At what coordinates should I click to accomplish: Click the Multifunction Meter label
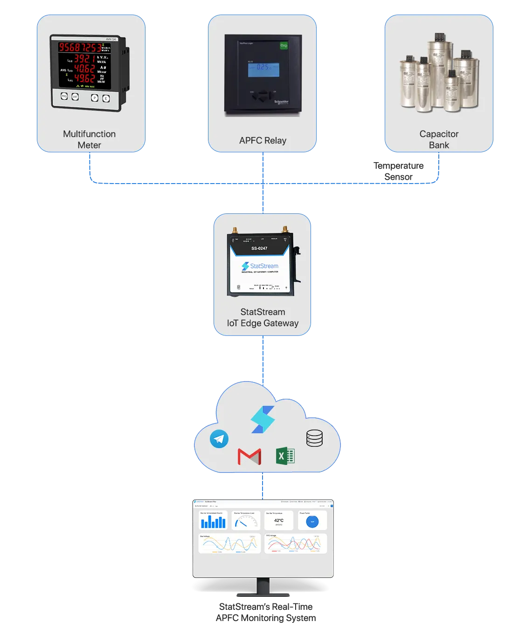89,139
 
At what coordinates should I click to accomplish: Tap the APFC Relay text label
263,141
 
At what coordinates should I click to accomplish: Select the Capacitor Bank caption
439,139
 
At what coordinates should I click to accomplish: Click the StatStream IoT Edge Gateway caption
263,318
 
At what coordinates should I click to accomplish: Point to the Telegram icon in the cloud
219,439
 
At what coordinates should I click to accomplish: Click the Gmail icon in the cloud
249,457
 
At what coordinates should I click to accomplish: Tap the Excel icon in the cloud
285,456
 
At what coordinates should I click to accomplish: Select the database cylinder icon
314,438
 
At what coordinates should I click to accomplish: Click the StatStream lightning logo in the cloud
263,419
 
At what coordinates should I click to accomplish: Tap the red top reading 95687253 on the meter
79,47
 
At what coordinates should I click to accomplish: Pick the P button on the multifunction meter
95,98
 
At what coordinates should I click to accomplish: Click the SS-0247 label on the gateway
259,248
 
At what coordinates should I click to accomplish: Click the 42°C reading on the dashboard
279,520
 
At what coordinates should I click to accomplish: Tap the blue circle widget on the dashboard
312,522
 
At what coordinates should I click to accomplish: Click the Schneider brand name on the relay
281,102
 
